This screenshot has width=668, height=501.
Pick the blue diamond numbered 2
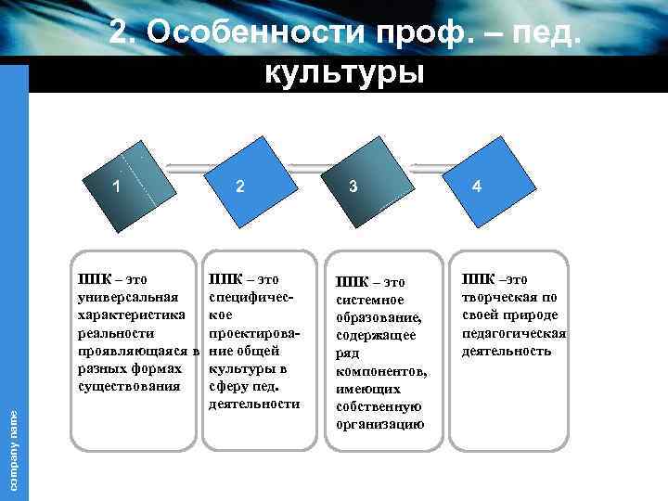239,186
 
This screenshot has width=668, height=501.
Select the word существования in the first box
129,385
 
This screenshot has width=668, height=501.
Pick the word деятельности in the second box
254,404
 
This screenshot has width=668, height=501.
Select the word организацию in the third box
379,424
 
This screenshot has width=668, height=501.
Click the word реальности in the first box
117,332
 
